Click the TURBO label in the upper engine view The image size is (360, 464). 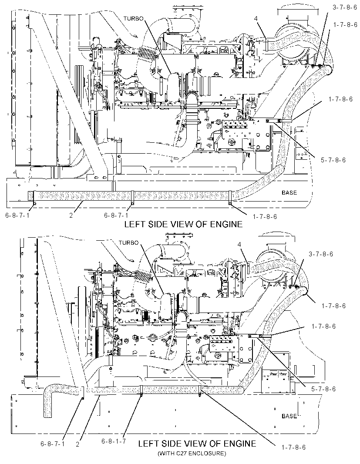[x=133, y=18]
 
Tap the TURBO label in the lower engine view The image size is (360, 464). [x=128, y=242]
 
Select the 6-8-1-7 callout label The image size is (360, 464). [x=114, y=441]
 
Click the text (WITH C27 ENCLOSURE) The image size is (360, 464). [x=192, y=453]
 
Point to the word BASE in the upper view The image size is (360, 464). [x=289, y=193]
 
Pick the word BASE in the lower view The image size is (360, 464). [x=289, y=416]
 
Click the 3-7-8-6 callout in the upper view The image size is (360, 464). [x=345, y=7]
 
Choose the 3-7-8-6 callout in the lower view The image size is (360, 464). [x=321, y=254]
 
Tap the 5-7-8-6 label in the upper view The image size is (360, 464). [x=333, y=160]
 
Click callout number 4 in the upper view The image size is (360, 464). [x=256, y=19]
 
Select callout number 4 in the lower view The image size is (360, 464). [x=239, y=245]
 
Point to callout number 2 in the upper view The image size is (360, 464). [x=71, y=215]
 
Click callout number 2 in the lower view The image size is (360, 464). [x=77, y=444]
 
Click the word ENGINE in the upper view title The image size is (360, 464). [x=226, y=224]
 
